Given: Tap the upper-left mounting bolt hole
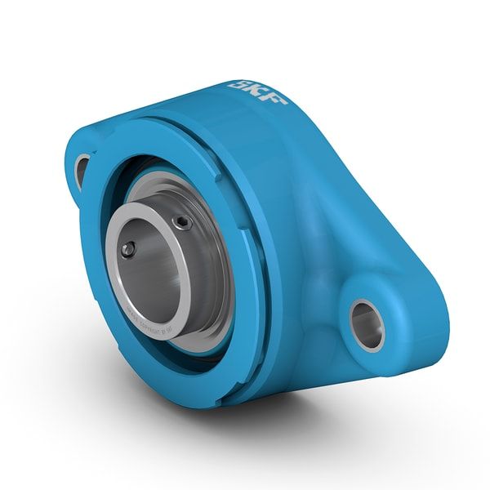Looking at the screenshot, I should [82, 168].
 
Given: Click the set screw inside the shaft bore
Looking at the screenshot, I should [127, 249].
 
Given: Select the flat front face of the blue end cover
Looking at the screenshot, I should [106, 327].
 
